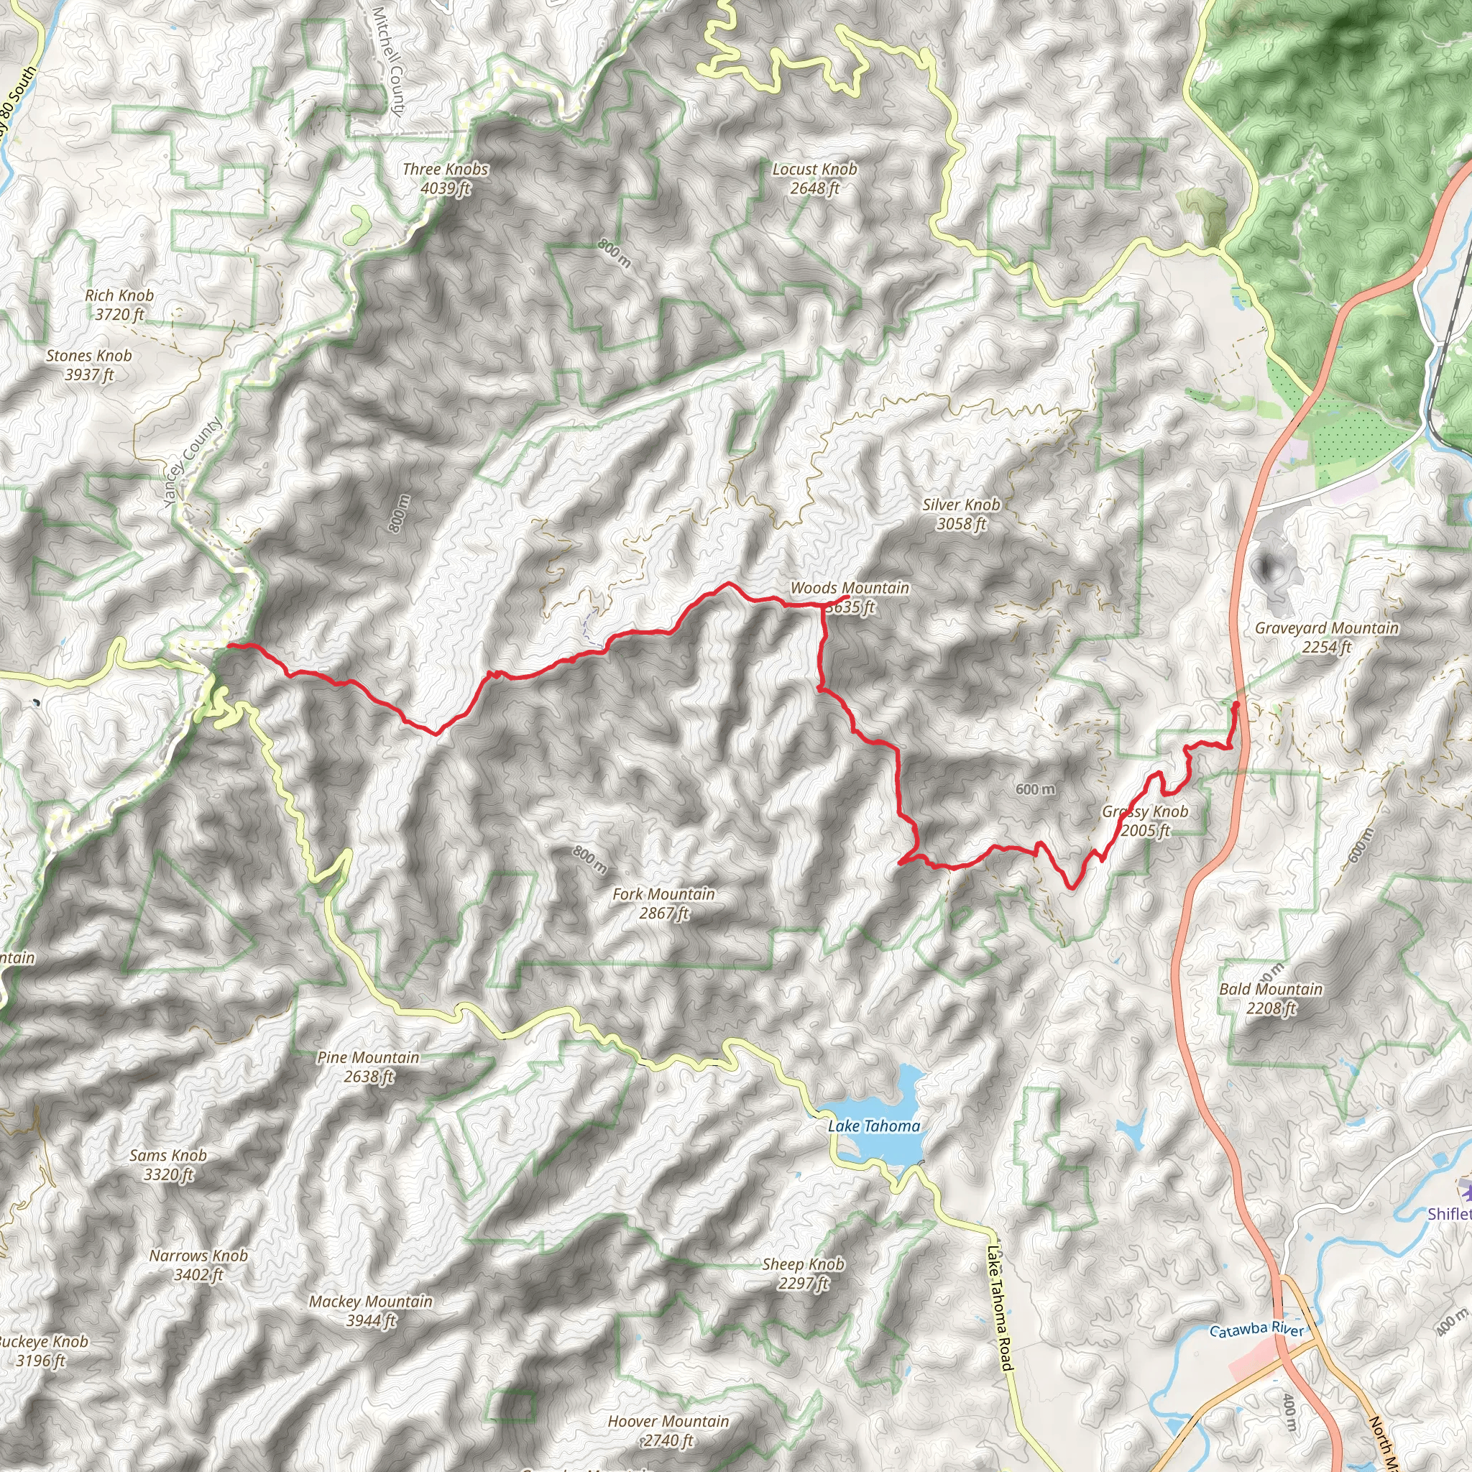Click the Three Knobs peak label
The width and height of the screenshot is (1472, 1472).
click(446, 179)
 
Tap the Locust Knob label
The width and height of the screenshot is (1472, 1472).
click(814, 179)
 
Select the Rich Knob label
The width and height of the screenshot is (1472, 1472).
click(119, 305)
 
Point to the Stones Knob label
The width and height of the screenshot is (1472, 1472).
click(89, 365)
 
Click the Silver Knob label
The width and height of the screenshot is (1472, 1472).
click(961, 513)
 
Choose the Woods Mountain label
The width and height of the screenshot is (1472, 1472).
click(850, 597)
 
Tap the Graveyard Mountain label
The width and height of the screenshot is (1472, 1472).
click(1327, 637)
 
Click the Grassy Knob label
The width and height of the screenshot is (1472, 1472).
click(1145, 821)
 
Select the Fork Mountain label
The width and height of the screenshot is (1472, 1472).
click(663, 903)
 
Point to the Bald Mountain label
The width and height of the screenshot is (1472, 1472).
click(1271, 998)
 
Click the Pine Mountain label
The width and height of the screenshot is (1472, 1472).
click(368, 1067)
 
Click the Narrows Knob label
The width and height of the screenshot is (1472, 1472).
click(199, 1265)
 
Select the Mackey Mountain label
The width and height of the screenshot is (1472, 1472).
click(371, 1310)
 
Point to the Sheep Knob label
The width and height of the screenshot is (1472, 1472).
click(803, 1273)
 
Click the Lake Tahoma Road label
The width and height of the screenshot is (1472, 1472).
click(998, 1308)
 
